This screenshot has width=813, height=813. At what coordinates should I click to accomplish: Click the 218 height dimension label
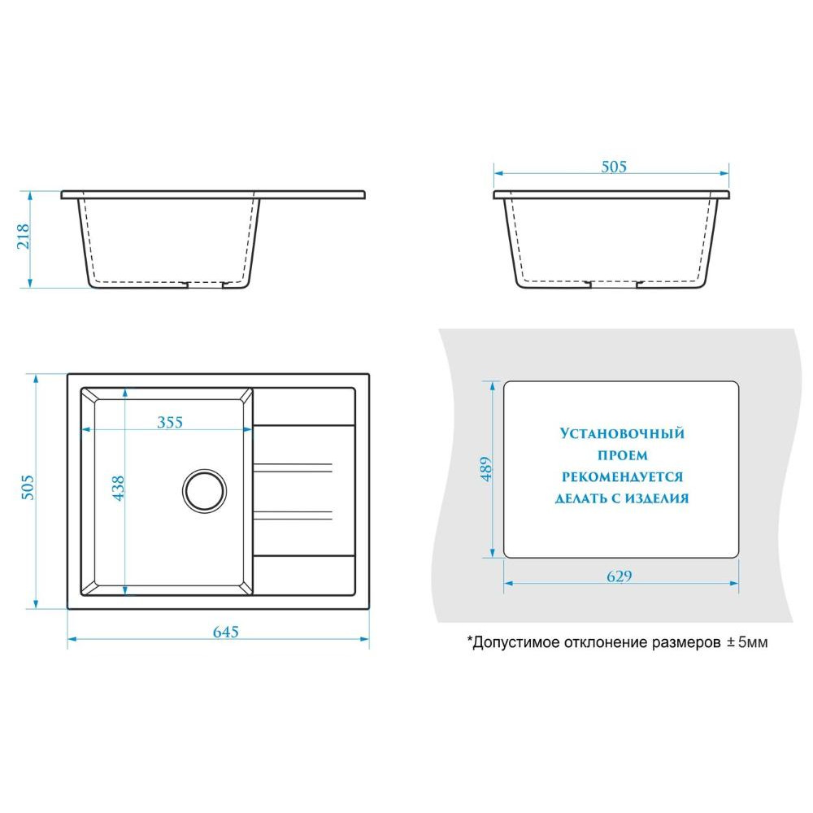pos(24,237)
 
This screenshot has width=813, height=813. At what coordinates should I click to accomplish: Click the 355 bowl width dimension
pos(170,422)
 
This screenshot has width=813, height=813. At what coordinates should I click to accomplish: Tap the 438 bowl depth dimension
pos(118,488)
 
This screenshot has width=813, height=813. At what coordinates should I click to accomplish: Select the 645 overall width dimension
pos(226,632)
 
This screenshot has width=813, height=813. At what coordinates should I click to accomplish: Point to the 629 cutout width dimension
pos(620,576)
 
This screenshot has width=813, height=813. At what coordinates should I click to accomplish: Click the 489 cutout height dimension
pos(486,469)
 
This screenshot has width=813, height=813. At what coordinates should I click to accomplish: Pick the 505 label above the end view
pos(614,167)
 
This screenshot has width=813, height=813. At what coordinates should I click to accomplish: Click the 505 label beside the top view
pos(27,487)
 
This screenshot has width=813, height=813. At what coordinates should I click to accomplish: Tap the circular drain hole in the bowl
pos(205,490)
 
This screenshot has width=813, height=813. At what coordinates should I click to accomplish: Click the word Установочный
pos(622,433)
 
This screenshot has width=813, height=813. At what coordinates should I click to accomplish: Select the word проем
pos(623,456)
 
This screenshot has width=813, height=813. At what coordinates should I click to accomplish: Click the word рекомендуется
pos(622,477)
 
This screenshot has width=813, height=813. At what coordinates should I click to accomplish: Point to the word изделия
pos(656,499)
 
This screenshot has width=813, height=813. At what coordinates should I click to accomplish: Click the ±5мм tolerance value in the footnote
pos(747,642)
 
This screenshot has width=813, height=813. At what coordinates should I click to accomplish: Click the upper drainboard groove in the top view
pos(293,467)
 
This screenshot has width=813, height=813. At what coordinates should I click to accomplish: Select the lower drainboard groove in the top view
pos(293,515)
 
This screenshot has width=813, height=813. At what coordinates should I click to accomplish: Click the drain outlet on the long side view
pos(206,284)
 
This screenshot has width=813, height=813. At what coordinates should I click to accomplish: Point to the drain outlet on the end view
pos(614,284)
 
